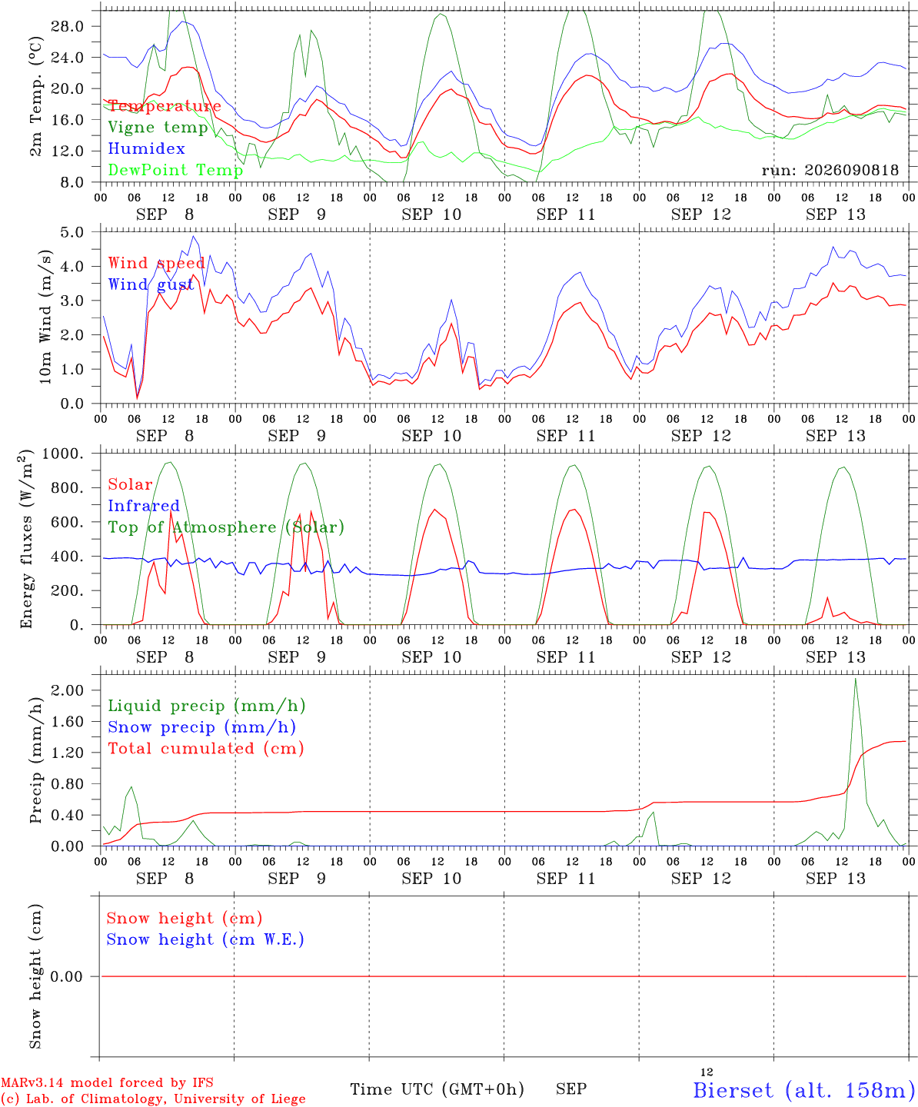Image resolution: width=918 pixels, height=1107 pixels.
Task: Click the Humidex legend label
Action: point(146,148)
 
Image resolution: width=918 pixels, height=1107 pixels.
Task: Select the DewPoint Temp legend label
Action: point(175,170)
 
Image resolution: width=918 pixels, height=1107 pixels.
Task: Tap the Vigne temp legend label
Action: point(158,128)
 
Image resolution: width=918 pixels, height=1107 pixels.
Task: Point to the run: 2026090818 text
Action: point(830,170)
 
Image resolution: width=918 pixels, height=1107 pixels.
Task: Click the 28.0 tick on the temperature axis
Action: point(68,26)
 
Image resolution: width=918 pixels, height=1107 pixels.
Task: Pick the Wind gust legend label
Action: point(151,284)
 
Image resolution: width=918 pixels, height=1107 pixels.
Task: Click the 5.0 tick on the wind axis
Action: point(72,233)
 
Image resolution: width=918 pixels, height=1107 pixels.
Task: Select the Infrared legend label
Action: point(144,506)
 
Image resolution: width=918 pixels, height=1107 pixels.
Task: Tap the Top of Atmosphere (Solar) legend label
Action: point(226,527)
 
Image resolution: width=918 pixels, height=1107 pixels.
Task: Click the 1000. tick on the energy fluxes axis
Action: point(63,454)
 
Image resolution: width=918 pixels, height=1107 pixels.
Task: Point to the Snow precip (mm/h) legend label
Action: point(201,727)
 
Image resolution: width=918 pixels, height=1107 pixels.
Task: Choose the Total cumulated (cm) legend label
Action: point(206,749)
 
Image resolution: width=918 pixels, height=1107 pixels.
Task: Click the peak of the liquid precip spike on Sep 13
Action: point(855,679)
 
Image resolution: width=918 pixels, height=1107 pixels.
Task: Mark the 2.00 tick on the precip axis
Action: point(68,690)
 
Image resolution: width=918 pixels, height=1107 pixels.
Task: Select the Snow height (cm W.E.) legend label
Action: point(205,939)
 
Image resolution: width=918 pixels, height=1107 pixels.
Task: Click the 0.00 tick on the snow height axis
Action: point(66,976)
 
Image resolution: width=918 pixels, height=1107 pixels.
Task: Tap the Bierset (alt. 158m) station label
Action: point(800,1090)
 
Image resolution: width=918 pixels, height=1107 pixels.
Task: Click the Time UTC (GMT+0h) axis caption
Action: point(437,1089)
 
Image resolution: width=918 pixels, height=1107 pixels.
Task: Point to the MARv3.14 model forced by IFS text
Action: point(107,1082)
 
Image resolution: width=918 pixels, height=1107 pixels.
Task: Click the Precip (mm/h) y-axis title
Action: point(35,760)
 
